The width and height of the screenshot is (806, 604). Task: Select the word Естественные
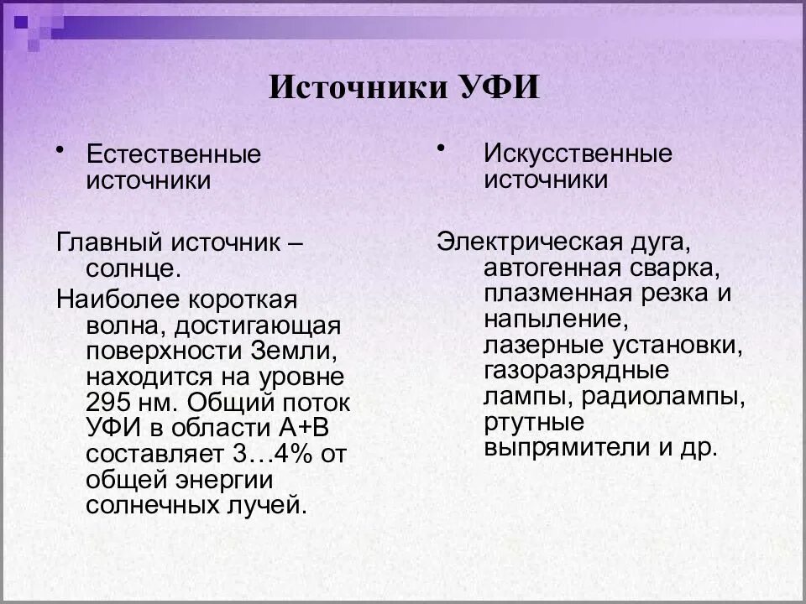(x=174, y=154)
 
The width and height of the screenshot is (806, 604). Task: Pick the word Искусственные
(x=578, y=154)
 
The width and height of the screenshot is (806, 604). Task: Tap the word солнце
(x=133, y=270)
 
